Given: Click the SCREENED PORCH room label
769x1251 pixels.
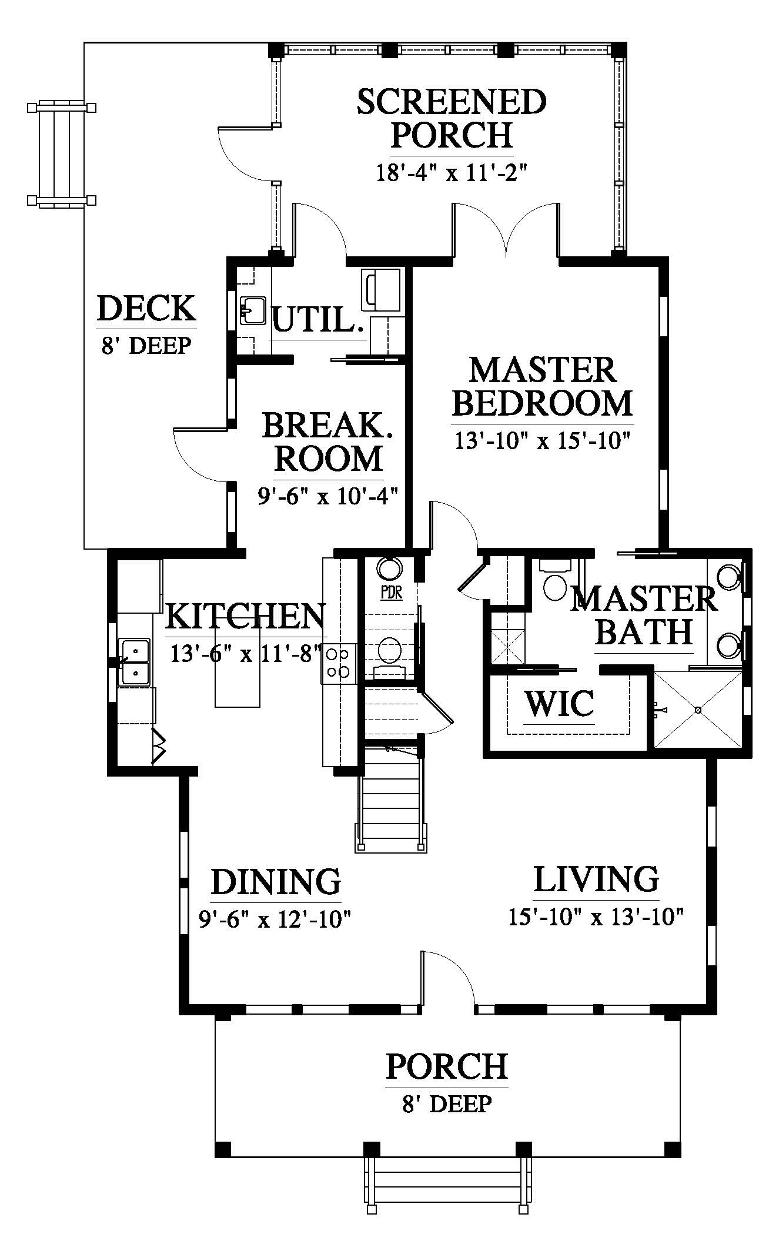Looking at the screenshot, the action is pos(452,118).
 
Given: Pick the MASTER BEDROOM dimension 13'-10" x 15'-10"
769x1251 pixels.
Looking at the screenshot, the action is pos(543,440).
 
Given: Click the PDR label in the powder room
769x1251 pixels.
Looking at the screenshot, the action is pos(391,592).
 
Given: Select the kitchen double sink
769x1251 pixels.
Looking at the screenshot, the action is pos(135,662).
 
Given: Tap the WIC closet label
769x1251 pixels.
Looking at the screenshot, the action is pos(559,703).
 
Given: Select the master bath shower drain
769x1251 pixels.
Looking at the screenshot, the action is pos(698,710).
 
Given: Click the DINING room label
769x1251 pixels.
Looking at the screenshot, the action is pos(276,882).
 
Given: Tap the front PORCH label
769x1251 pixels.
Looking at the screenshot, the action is pos(447,1066).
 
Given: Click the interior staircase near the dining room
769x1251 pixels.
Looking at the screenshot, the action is pos(390,797).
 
